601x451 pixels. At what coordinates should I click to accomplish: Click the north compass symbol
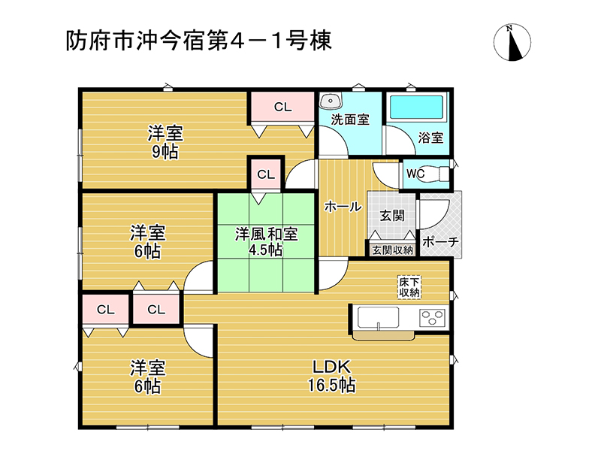(512, 42)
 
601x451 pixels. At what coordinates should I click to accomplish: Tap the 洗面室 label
(350, 120)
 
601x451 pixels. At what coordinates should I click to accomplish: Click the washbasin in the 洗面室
(331, 101)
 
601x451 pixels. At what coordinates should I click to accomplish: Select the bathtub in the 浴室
(416, 106)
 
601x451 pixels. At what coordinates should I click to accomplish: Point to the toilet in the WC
(437, 174)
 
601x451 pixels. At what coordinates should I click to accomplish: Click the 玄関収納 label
(393, 250)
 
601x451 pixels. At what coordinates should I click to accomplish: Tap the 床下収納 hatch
(409, 287)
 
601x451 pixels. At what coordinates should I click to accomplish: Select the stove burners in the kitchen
(433, 317)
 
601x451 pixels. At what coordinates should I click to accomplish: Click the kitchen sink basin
(379, 318)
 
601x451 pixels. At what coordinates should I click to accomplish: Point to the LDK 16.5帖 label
(331, 377)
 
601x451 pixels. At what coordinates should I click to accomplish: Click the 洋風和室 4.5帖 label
(266, 241)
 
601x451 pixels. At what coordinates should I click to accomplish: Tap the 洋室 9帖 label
(165, 142)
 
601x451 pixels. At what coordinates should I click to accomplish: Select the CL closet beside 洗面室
(283, 107)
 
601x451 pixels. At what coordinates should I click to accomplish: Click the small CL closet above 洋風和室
(266, 174)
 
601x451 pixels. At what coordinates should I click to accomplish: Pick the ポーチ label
(440, 242)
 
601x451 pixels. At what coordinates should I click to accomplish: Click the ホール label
(343, 207)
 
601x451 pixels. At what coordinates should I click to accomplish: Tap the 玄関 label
(392, 216)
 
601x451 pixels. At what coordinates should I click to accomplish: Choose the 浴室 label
(430, 138)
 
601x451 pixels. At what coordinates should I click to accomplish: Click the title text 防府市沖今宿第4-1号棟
(198, 41)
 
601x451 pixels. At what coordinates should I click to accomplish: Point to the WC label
(415, 174)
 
